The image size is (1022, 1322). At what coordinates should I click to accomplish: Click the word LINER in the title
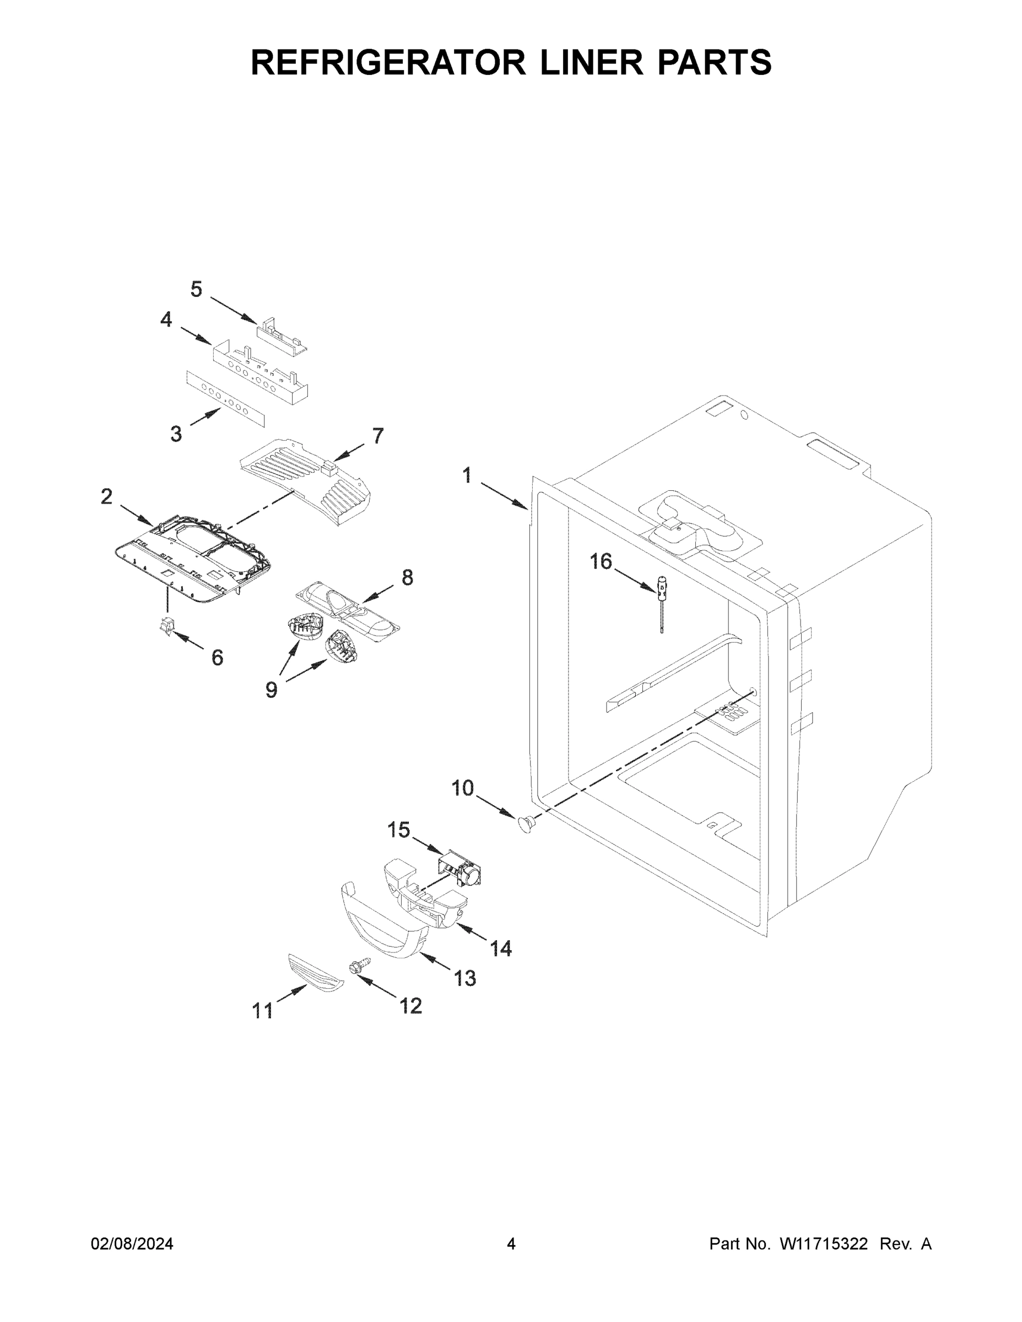592,62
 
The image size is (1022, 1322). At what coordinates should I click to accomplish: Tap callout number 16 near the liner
601,562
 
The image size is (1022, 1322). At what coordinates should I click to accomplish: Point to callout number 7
378,436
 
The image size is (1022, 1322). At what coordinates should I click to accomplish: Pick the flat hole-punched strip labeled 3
225,399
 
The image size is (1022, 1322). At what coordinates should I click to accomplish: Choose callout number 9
271,689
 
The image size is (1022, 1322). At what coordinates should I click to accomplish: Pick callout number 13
465,978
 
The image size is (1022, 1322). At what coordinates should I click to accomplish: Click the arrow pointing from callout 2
137,514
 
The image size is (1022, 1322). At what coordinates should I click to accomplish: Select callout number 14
501,949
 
